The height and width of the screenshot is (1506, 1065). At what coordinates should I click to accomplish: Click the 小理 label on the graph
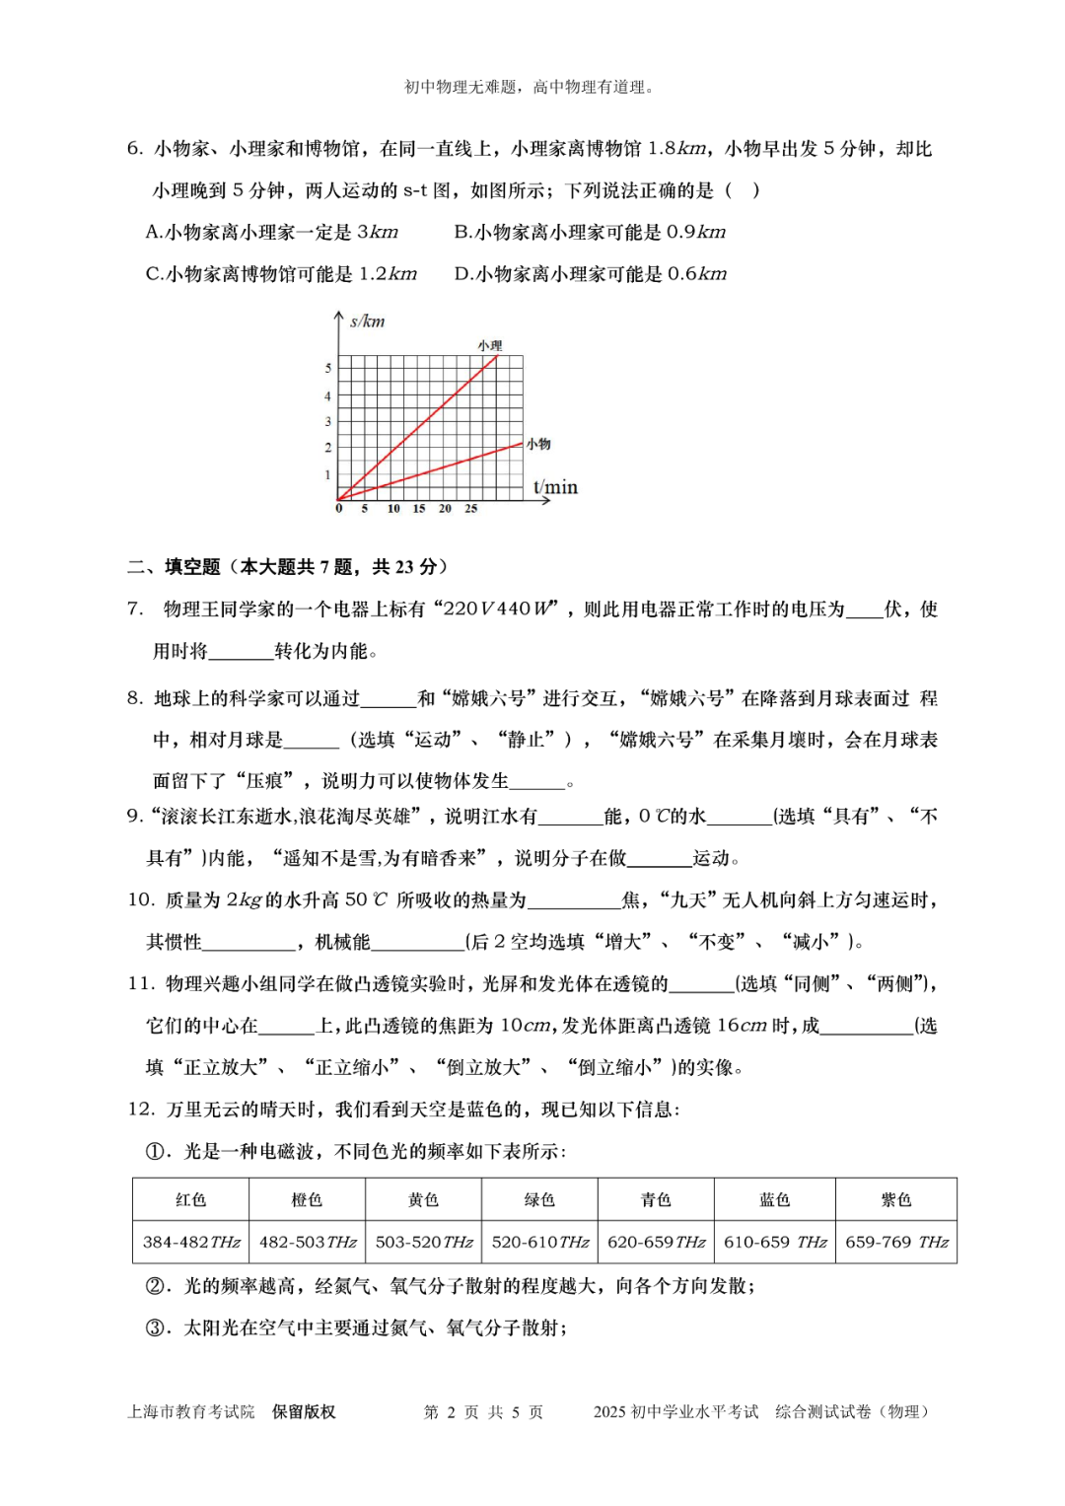pyautogui.click(x=490, y=345)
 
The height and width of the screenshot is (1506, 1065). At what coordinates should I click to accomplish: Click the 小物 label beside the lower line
pyautogui.click(x=538, y=444)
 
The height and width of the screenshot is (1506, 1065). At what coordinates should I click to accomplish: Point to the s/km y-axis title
pyautogui.click(x=367, y=322)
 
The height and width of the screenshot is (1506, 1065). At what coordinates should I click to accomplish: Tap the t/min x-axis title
pyautogui.click(x=555, y=487)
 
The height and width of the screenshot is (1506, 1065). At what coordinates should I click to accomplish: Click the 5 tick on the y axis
pyautogui.click(x=328, y=368)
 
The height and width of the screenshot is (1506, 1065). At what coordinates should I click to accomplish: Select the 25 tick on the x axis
pyautogui.click(x=470, y=509)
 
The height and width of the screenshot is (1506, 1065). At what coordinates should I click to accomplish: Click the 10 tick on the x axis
pyautogui.click(x=393, y=509)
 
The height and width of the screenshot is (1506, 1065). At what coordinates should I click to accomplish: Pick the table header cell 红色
pyautogui.click(x=190, y=1199)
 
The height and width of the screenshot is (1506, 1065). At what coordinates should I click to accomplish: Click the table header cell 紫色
pyautogui.click(x=895, y=1199)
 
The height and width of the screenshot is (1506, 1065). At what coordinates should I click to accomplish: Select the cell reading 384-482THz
pyautogui.click(x=191, y=1242)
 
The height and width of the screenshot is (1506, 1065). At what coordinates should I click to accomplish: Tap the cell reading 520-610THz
pyautogui.click(x=539, y=1242)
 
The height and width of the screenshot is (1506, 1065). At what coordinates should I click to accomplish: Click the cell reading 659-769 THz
pyautogui.click(x=895, y=1242)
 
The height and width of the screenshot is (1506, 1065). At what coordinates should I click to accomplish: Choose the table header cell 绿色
pyautogui.click(x=539, y=1199)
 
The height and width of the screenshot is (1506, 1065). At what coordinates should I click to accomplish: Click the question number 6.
pyautogui.click(x=135, y=149)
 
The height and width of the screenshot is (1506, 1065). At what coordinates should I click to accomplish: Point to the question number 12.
pyautogui.click(x=141, y=1109)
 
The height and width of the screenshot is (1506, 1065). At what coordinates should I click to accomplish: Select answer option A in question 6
pyautogui.click(x=154, y=232)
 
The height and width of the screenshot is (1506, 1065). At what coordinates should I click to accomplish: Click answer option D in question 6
pyautogui.click(x=463, y=274)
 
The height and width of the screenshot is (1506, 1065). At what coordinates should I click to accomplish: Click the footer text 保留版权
pyautogui.click(x=304, y=1411)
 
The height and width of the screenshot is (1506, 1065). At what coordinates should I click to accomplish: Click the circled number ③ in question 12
pyautogui.click(x=156, y=1327)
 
